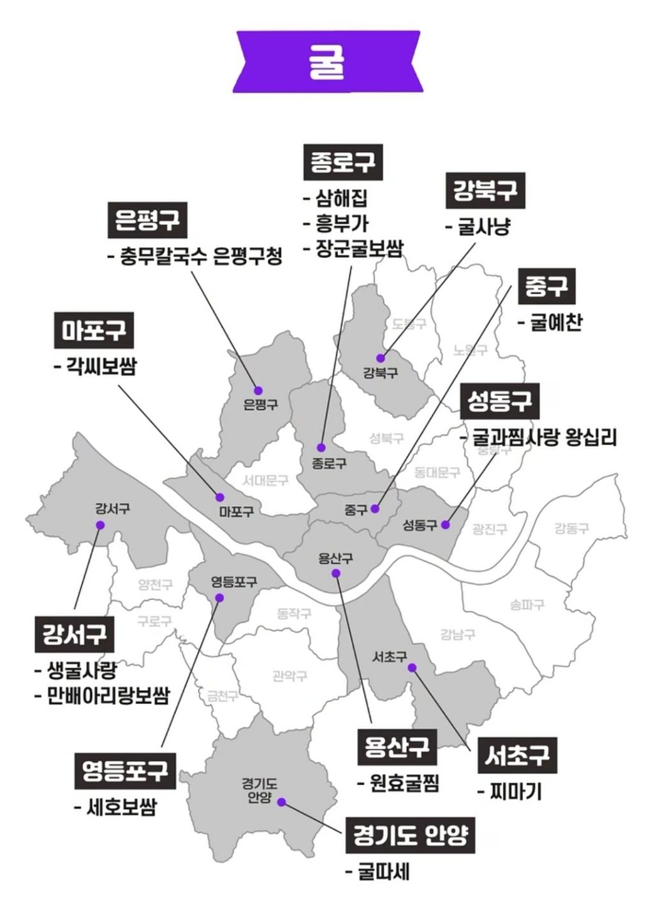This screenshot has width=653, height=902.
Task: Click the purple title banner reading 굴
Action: pyautogui.click(x=326, y=62)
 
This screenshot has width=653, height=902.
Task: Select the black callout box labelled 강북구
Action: pyautogui.click(x=485, y=191)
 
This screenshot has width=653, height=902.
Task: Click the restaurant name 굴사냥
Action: pyautogui.click(x=484, y=227)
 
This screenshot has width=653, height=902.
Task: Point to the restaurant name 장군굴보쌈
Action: pyautogui.click(x=359, y=248)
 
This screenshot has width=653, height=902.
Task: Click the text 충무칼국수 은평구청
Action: pyautogui.click(x=201, y=257)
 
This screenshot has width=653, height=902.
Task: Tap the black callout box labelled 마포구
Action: pyautogui.click(x=94, y=331)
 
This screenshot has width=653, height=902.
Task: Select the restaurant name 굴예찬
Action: pyautogui.click(x=555, y=322)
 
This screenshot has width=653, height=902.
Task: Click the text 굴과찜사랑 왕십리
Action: pyautogui.click(x=544, y=437)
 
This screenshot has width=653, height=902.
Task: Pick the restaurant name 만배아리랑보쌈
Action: pyautogui.click(x=108, y=695)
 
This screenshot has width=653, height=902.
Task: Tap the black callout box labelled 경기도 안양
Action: pyautogui.click(x=410, y=836)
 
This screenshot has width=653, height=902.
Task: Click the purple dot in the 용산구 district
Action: pyautogui.click(x=336, y=573)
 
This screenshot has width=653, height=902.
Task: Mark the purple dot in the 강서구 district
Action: pyautogui.click(x=100, y=525)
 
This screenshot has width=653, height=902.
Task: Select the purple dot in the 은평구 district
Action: pyautogui.click(x=258, y=390)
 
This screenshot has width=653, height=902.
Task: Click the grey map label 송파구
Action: pyautogui.click(x=527, y=604)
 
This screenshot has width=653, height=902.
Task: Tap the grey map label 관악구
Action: pyautogui.click(x=290, y=675)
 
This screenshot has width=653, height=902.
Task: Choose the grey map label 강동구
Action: pyautogui.click(x=571, y=528)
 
